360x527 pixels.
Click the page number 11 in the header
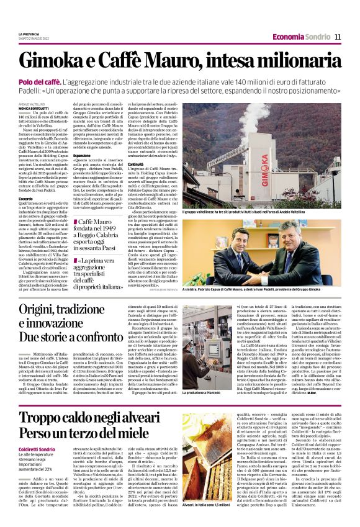click(338, 37)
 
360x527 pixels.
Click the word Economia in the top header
click(287, 37)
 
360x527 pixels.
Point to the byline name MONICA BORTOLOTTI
click(32, 108)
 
